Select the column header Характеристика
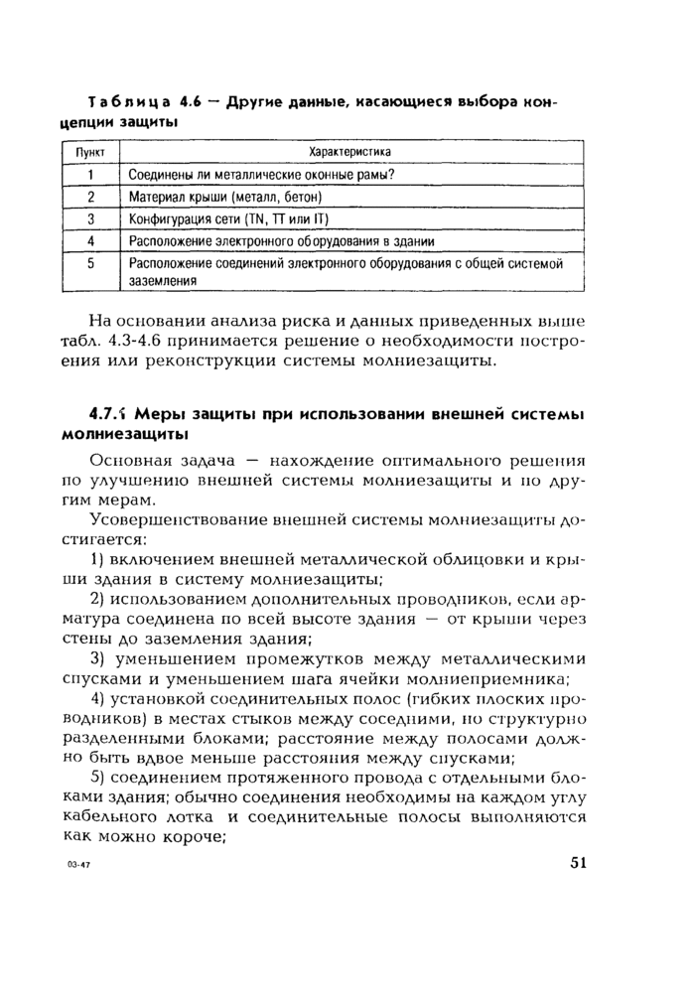tap(349, 152)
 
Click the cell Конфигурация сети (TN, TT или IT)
tap(229, 219)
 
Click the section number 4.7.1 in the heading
tap(109, 414)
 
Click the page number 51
tap(579, 862)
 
